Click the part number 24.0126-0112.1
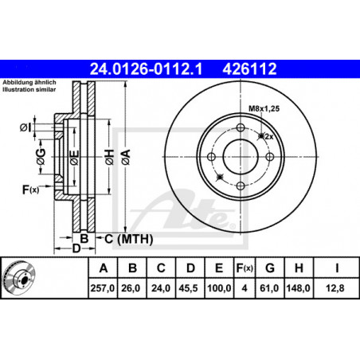click(x=146, y=69)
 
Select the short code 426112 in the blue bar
click(x=249, y=69)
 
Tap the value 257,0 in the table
click(x=103, y=288)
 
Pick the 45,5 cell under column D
click(x=188, y=288)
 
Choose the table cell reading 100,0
click(x=219, y=288)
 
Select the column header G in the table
click(x=270, y=268)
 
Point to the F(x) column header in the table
click(x=245, y=268)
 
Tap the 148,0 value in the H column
click(x=298, y=288)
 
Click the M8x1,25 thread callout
click(x=264, y=108)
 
